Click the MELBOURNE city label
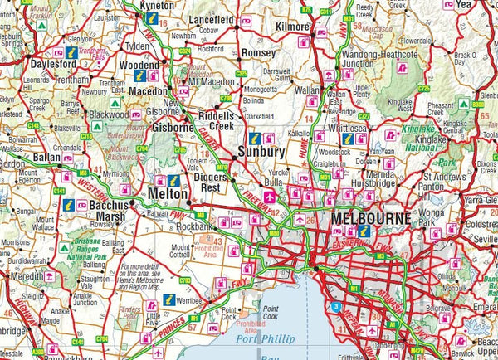pyautogui.click(x=370, y=218)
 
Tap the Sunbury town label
pyautogui.click(x=261, y=152)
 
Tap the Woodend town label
pyautogui.click(x=139, y=63)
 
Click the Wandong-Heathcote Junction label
pyautogui.click(x=370, y=57)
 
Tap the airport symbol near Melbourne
pyautogui.click(x=270, y=200)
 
